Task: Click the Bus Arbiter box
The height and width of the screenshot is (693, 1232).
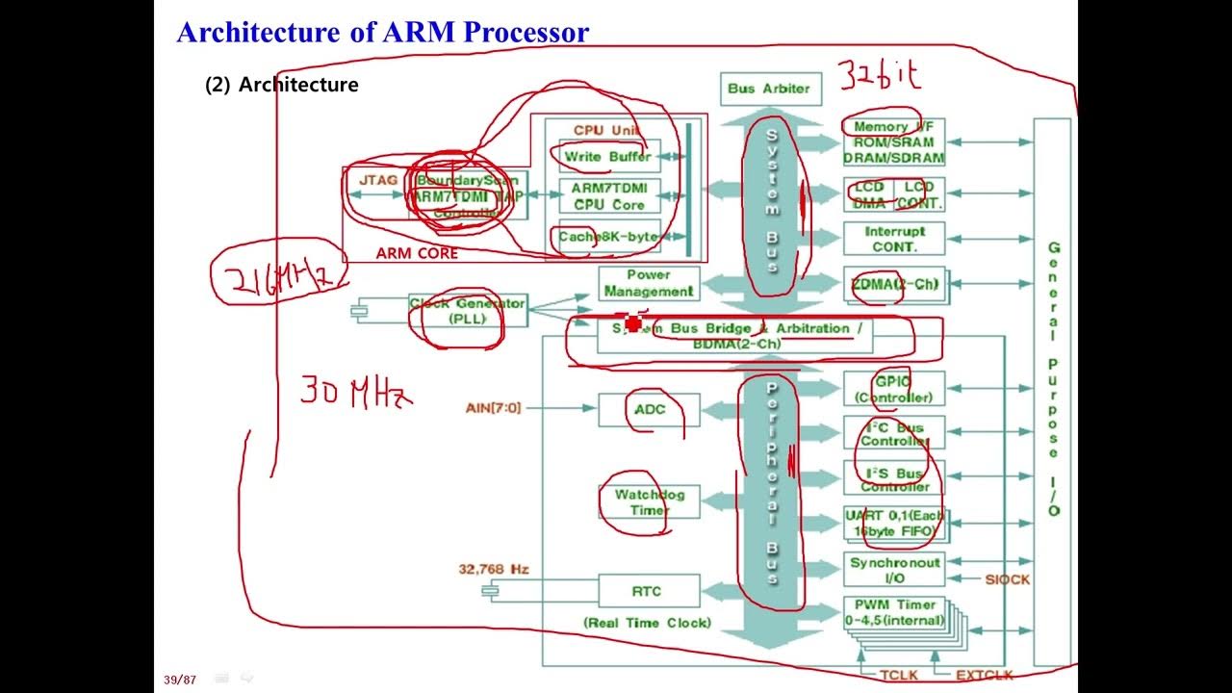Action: (769, 89)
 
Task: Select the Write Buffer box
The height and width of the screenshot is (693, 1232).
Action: (607, 156)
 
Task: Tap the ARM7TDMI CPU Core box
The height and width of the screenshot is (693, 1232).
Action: (609, 196)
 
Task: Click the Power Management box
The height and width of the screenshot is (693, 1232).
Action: (649, 283)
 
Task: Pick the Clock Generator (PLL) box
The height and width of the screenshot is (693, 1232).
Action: (468, 310)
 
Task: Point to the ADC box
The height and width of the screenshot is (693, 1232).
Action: (649, 409)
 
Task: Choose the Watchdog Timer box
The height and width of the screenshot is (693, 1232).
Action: (649, 502)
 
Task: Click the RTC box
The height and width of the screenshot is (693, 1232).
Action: (649, 591)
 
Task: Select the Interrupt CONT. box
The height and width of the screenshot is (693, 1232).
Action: (894, 239)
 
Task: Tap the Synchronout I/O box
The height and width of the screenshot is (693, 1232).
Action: (894, 569)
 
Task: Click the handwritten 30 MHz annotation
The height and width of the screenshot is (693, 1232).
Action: (356, 392)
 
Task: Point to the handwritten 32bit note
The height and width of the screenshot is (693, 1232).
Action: (879, 75)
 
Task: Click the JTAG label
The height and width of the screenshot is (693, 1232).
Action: (377, 180)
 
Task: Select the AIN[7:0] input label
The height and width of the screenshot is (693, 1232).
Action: (493, 408)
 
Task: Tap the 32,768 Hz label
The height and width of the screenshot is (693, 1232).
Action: (493, 569)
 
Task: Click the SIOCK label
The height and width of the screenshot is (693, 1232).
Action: (1007, 579)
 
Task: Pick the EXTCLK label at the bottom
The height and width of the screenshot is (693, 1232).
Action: (985, 676)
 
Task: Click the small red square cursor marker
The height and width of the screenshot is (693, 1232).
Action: (632, 323)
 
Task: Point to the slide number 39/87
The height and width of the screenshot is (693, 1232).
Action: (180, 680)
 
